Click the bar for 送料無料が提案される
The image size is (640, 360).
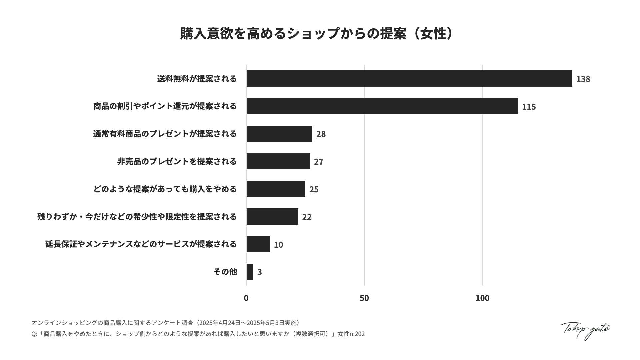tap(409, 79)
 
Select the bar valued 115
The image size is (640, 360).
tap(382, 106)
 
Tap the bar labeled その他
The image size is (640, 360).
tap(250, 272)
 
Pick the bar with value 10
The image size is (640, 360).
tap(258, 244)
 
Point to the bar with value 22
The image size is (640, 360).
tap(272, 217)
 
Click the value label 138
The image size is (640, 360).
tap(583, 79)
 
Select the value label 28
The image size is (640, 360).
tap(321, 134)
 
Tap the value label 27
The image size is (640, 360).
tap(318, 162)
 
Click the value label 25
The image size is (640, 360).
tap(314, 189)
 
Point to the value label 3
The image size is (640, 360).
tap(259, 272)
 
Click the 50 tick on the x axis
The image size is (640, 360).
tap(364, 298)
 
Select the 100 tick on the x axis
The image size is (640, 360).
tap(482, 298)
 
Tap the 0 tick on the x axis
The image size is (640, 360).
tap(246, 298)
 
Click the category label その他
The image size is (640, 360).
tap(225, 272)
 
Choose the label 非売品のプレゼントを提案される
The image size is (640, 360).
tap(177, 161)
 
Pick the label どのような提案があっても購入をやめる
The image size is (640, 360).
tap(165, 189)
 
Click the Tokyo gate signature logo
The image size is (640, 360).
tap(585, 330)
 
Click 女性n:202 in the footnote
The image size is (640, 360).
tap(351, 334)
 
